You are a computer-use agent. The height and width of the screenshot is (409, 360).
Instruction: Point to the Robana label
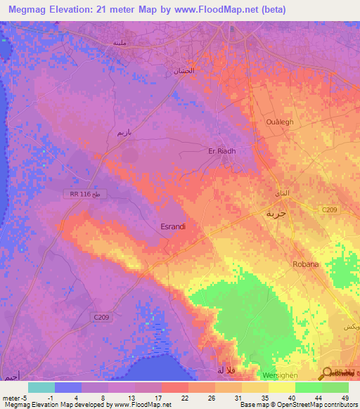pyautogui.click(x=306, y=264)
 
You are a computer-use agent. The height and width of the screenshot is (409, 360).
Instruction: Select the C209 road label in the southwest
pyautogui.click(x=101, y=318)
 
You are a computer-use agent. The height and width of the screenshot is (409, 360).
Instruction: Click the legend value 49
pyautogui.click(x=345, y=397)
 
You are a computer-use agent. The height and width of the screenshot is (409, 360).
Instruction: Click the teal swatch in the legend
pyautogui.click(x=41, y=387)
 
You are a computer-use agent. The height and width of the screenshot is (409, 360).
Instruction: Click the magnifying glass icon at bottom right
pyautogui.click(x=328, y=373)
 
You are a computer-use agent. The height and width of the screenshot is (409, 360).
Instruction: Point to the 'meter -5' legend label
pyautogui.click(x=16, y=397)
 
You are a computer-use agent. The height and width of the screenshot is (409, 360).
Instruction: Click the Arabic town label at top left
pyautogui.click(x=120, y=43)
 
